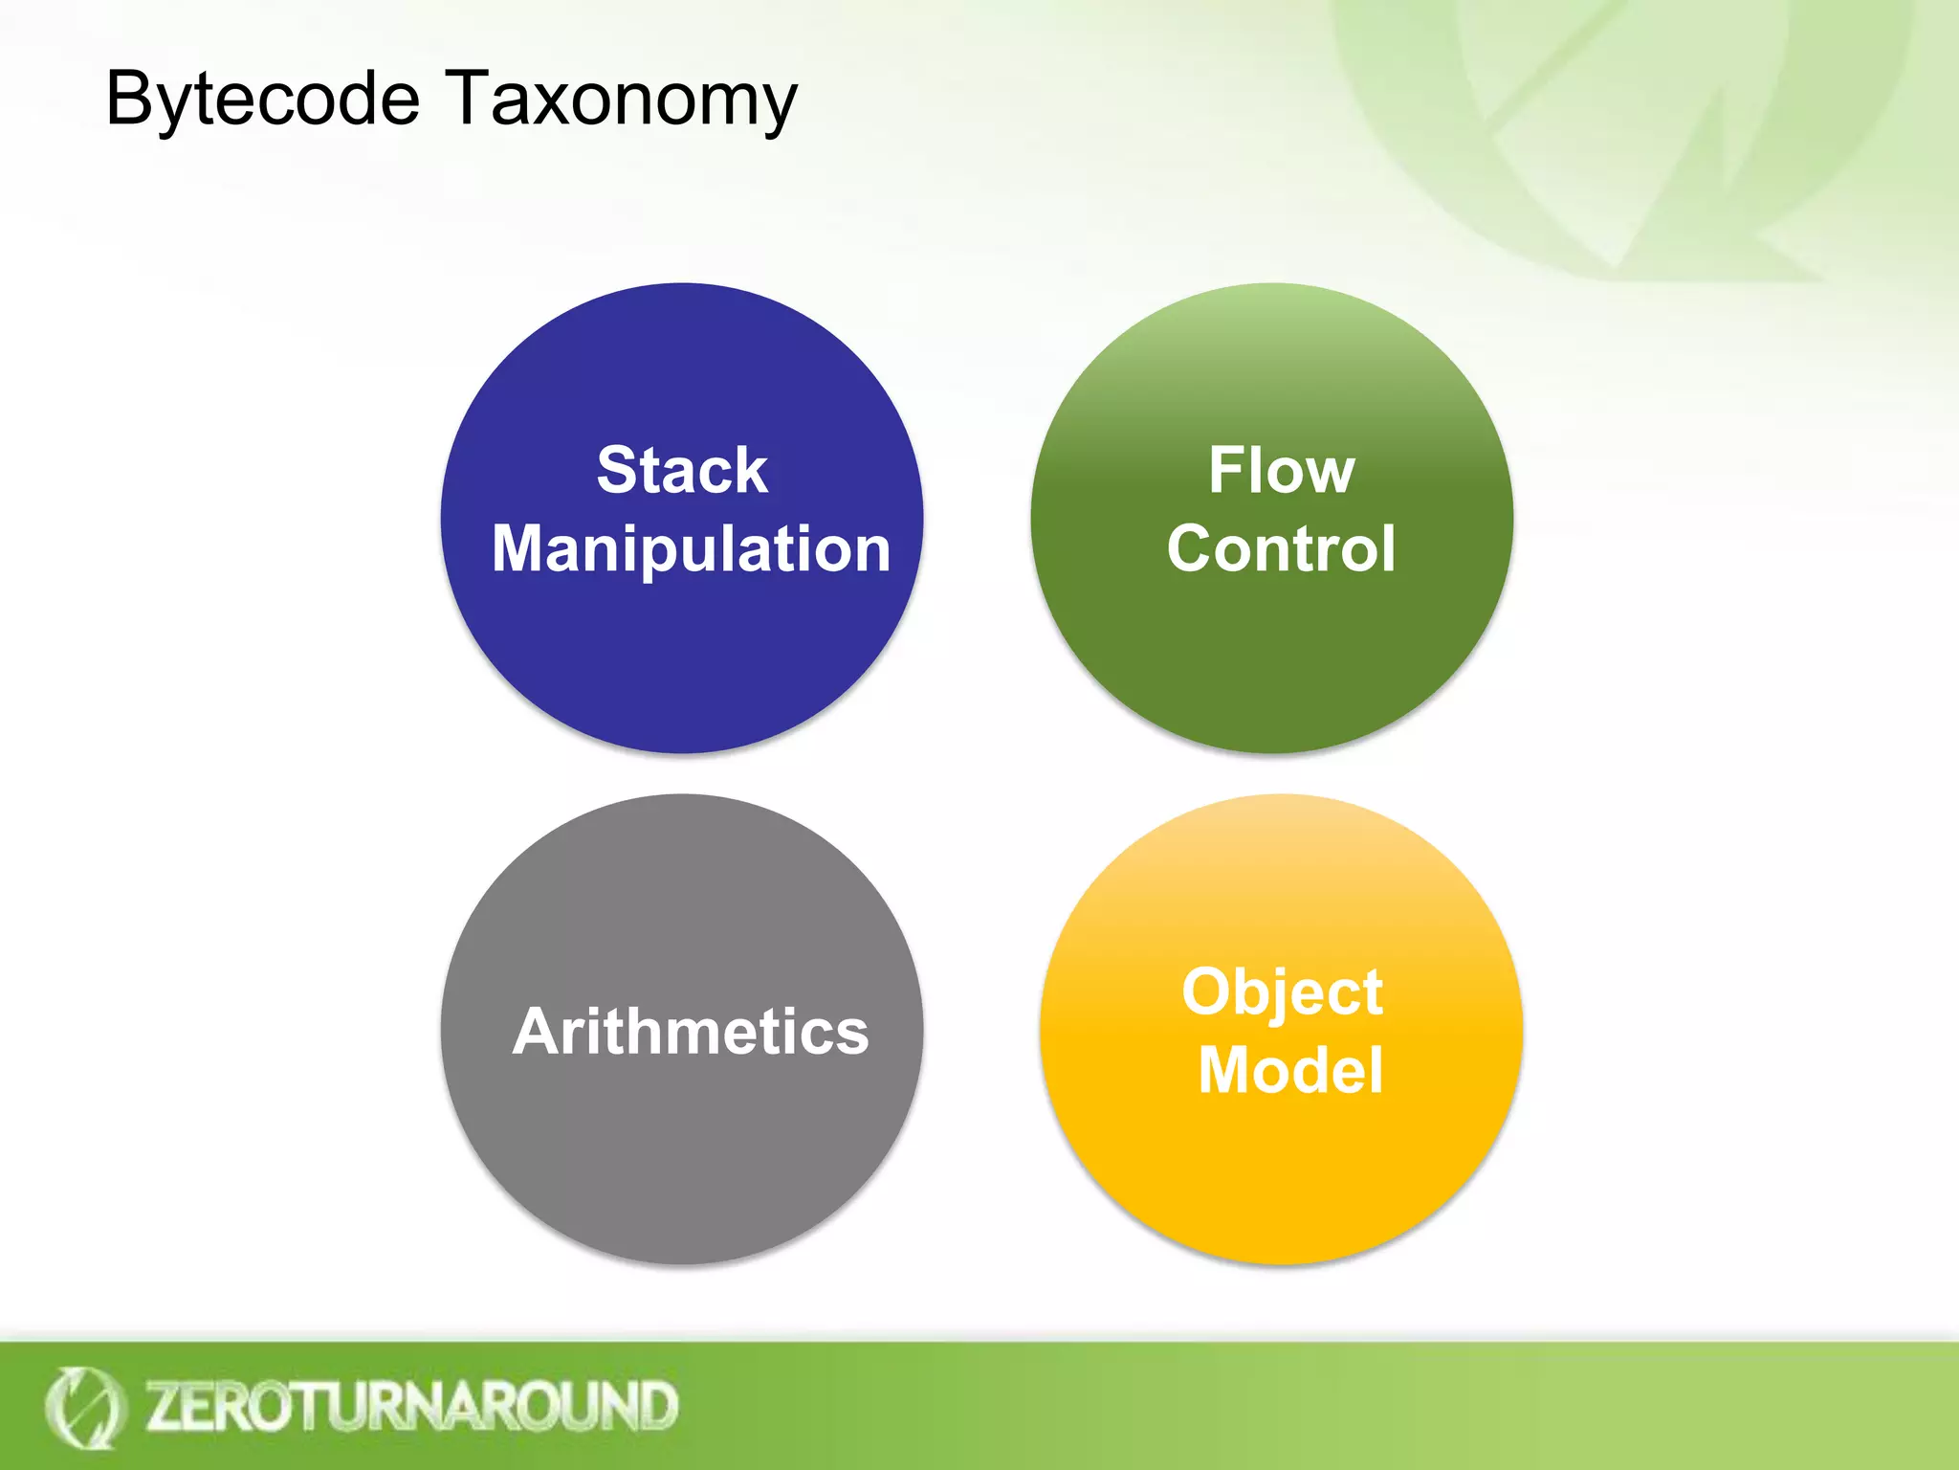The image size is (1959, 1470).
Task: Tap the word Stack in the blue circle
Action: click(x=682, y=471)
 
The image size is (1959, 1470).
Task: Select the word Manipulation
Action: click(x=691, y=550)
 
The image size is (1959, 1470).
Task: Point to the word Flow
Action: click(x=1281, y=471)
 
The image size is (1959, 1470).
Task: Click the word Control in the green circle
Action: click(x=1281, y=549)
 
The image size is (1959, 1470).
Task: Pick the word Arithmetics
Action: click(x=691, y=1032)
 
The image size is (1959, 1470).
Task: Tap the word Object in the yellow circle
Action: click(x=1282, y=992)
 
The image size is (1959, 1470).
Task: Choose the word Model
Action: click(x=1290, y=1070)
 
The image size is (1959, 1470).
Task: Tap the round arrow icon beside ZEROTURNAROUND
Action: click(x=84, y=1407)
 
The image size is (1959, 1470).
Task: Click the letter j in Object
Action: click(x=1283, y=995)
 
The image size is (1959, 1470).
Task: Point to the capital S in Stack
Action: click(x=618, y=471)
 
